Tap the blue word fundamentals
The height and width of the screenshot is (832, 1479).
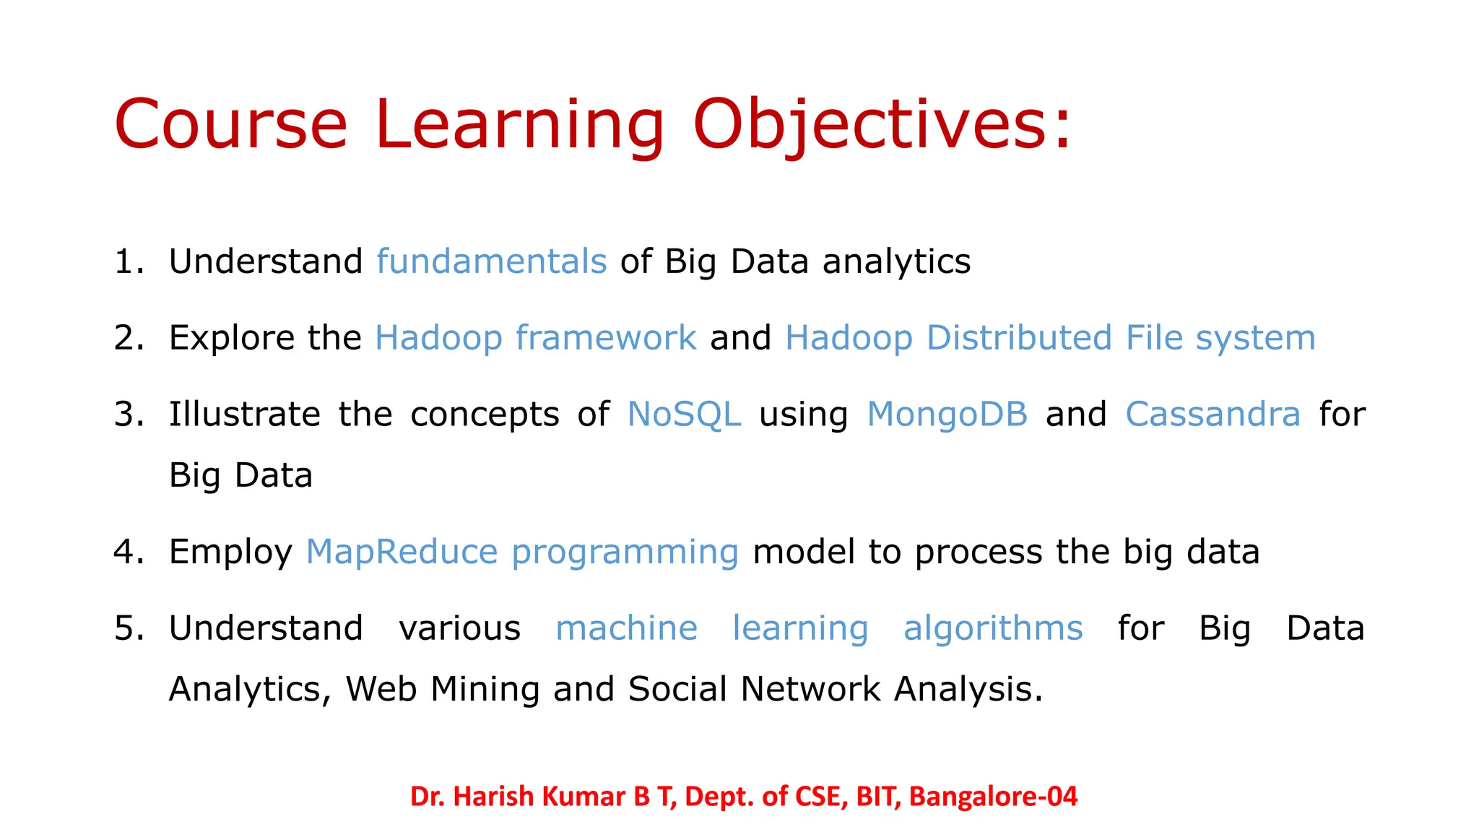(491, 261)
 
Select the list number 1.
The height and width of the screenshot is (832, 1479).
(126, 261)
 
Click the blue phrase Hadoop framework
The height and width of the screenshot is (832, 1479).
(535, 338)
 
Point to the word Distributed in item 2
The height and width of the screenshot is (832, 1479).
(1019, 338)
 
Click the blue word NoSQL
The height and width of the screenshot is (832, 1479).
(684, 415)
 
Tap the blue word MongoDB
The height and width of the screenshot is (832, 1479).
(947, 415)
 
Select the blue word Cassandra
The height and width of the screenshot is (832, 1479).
(1213, 415)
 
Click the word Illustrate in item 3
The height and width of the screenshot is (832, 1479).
(244, 415)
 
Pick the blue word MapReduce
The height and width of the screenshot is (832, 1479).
(402, 552)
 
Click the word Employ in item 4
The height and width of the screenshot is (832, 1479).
(230, 552)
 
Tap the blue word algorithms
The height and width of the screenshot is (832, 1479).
(993, 628)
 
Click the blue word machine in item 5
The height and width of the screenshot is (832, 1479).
(626, 628)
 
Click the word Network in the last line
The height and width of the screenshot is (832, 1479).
(810, 689)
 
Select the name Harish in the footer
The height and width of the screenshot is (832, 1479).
(495, 797)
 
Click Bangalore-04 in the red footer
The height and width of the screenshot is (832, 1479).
(993, 797)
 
